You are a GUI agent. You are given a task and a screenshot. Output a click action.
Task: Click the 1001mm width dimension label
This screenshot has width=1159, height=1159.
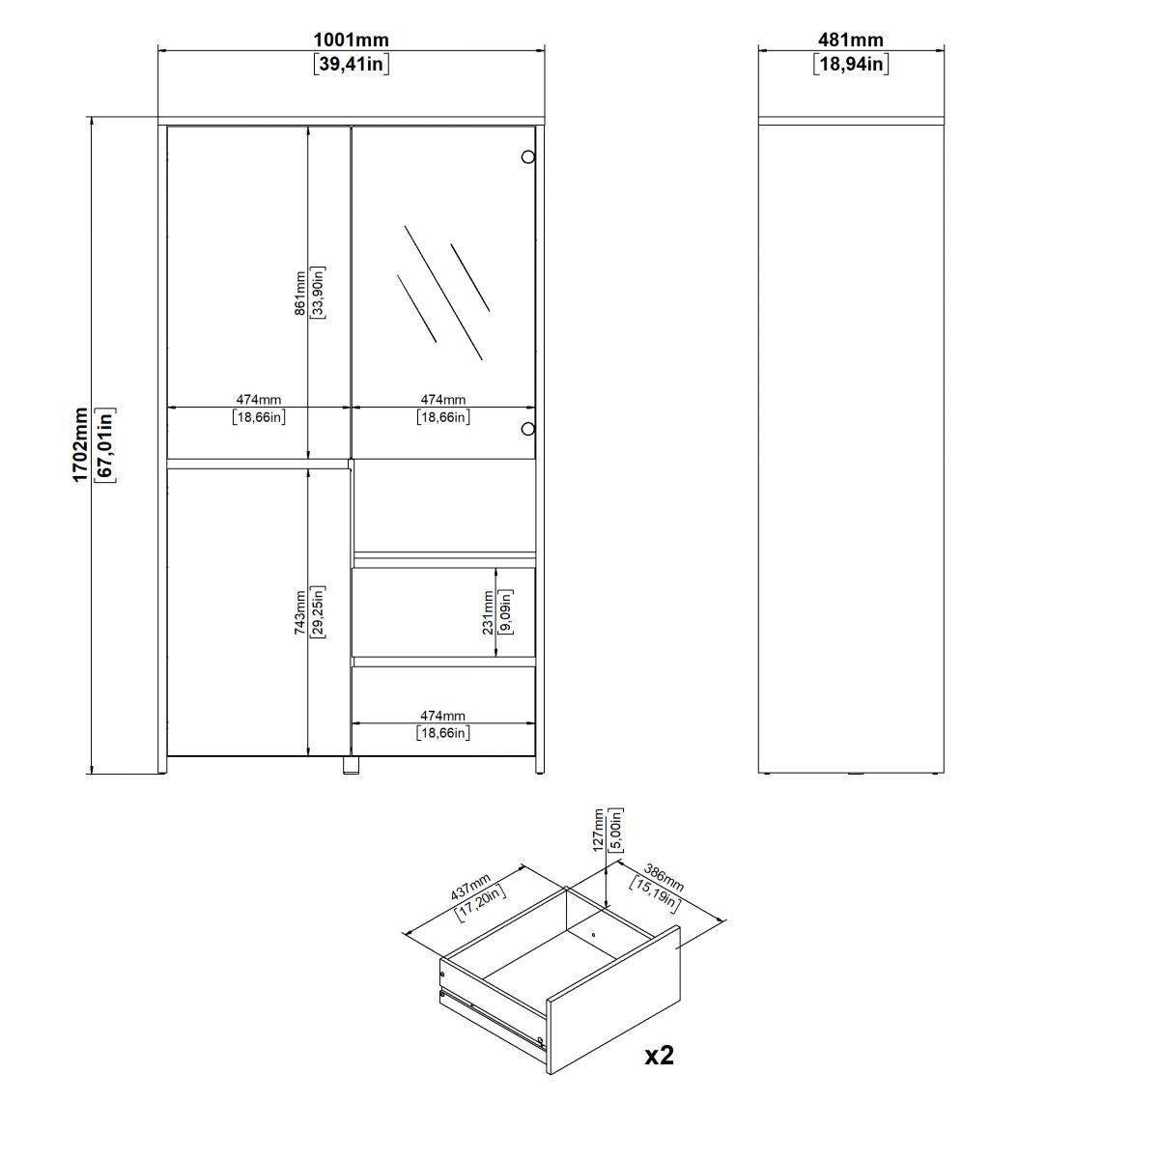tap(352, 41)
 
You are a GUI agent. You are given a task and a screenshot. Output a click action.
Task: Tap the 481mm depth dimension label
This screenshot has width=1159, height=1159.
tap(851, 41)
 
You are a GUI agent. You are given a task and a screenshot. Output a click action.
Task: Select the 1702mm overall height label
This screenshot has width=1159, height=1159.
tap(80, 444)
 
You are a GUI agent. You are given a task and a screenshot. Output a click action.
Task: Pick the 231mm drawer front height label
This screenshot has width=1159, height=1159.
tap(488, 612)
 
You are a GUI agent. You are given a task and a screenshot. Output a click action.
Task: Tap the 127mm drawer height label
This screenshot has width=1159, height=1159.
tap(598, 830)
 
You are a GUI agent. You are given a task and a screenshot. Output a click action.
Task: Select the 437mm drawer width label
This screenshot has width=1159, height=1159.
tap(471, 887)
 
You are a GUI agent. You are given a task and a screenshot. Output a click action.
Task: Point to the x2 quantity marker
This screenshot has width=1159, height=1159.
tap(660, 1056)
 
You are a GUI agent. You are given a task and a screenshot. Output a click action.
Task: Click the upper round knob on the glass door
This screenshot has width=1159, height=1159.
tap(527, 157)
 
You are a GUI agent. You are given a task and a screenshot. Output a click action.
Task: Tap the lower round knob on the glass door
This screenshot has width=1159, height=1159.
tap(527, 429)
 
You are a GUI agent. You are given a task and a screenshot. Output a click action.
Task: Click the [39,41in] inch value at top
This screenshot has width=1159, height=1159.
tap(352, 64)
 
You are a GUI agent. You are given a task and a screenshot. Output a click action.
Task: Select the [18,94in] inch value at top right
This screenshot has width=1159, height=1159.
tap(851, 64)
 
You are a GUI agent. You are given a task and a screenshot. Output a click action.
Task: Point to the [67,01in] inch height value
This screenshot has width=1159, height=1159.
tap(106, 444)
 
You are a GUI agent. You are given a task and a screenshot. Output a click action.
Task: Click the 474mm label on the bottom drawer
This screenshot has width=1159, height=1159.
tap(442, 716)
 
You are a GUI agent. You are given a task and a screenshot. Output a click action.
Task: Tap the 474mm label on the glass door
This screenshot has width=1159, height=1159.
tap(443, 399)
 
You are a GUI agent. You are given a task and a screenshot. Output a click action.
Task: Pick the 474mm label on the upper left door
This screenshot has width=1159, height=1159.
tap(259, 399)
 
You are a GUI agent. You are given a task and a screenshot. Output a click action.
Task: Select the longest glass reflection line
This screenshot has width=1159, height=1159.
tap(443, 293)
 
